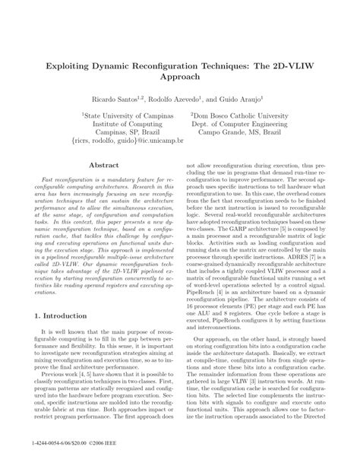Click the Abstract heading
[103, 164]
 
